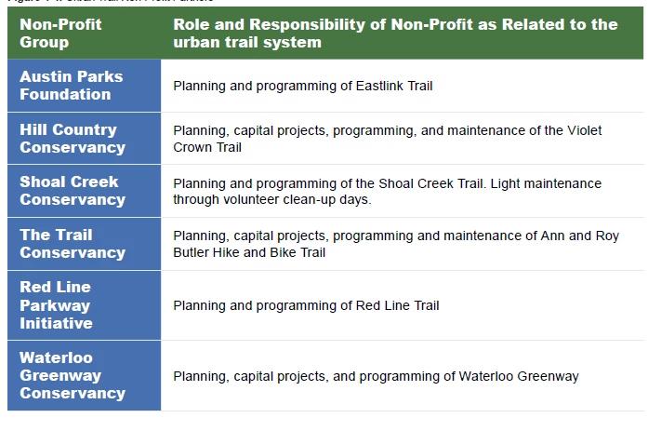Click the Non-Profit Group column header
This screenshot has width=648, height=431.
(x=60, y=33)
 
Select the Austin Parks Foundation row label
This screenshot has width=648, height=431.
(x=71, y=85)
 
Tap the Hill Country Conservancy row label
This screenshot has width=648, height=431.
(x=72, y=138)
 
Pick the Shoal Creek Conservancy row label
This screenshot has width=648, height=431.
(x=72, y=191)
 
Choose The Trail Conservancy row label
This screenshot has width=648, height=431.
(x=72, y=243)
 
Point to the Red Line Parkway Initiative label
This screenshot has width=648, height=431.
(x=56, y=304)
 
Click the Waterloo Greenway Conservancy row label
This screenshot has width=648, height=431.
(x=72, y=375)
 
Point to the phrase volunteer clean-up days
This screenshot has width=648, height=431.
(x=295, y=199)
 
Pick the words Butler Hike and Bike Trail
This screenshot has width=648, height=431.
(x=249, y=252)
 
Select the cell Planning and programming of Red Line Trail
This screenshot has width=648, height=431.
(x=306, y=305)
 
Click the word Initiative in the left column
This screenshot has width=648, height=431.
(x=56, y=323)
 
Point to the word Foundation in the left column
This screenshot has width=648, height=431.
(x=65, y=94)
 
